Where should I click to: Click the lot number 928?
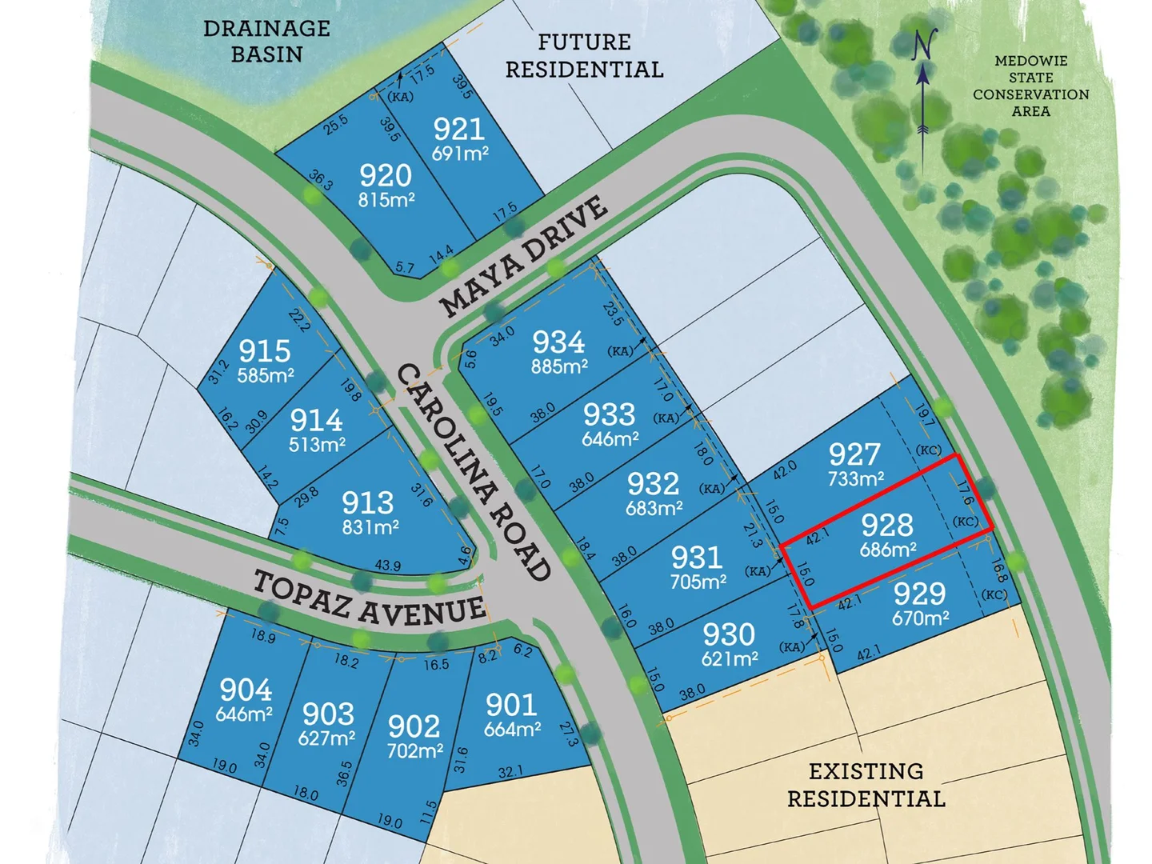886,526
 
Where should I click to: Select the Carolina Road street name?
474,472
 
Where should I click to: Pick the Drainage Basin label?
266,41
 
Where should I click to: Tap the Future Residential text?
584,55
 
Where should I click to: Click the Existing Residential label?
866,785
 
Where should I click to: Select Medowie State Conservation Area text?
1030,86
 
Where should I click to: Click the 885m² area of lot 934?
559,367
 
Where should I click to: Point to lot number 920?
385,175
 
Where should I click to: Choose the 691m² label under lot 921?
460,153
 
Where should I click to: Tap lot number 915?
264,350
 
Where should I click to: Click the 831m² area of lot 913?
370,527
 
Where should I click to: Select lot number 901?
510,705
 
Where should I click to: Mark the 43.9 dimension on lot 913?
387,566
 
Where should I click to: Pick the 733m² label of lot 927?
855,479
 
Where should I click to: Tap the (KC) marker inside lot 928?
965,522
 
